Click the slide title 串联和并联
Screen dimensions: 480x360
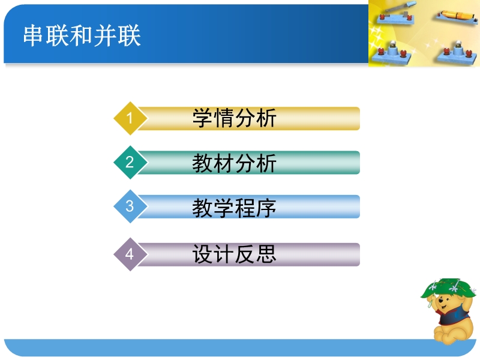(82, 36)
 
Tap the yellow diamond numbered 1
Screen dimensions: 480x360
(130, 118)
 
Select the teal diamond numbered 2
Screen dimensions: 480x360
(130, 162)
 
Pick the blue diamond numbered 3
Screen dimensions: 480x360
(130, 206)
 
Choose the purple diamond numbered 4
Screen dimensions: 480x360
(130, 254)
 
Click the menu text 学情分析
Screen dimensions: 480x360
(234, 118)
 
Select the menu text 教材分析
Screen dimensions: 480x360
(234, 163)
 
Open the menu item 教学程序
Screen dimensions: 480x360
(234, 208)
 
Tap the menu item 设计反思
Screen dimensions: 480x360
(234, 254)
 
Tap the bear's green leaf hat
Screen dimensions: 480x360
(448, 288)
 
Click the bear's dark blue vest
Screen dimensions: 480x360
(453, 316)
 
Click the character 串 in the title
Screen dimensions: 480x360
(33, 36)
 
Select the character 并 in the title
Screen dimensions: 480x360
(105, 36)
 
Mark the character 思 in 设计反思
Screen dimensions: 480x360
(266, 254)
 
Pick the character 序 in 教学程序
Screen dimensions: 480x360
(266, 208)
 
